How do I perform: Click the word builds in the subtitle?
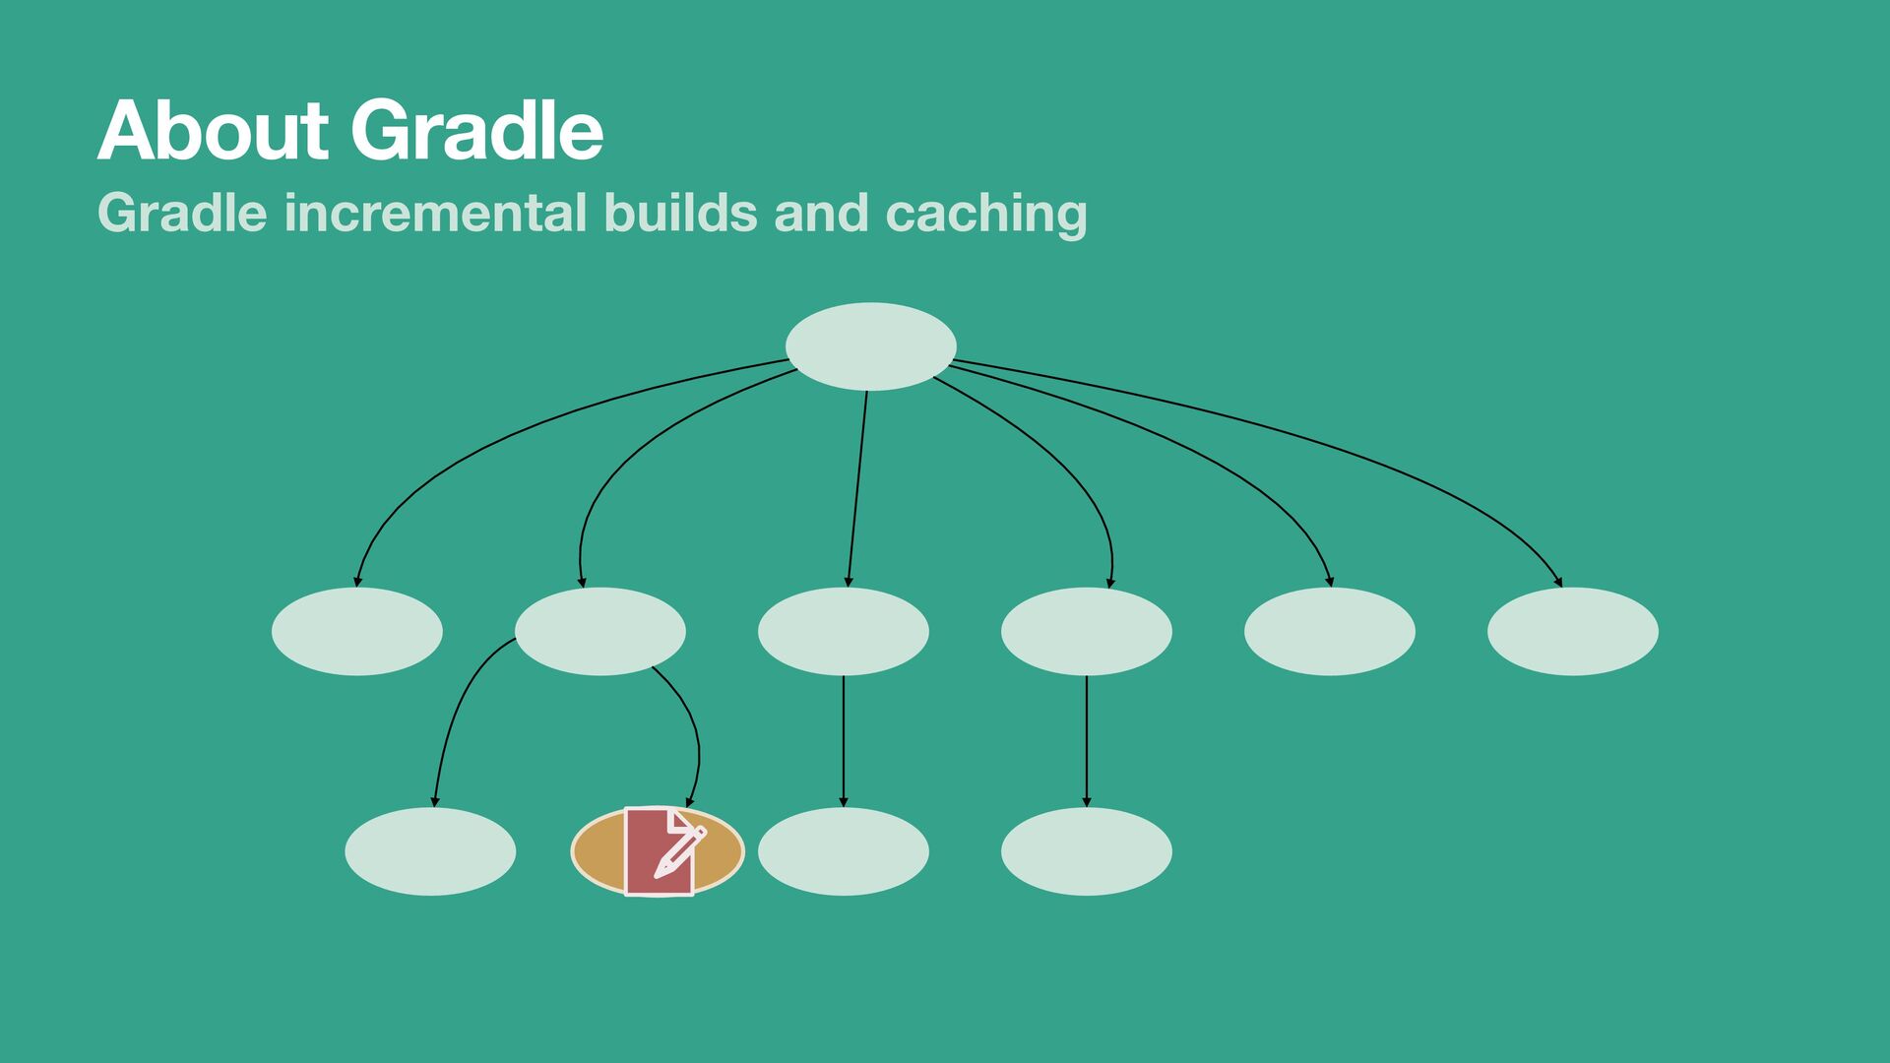click(x=680, y=213)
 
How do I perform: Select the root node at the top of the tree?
click(x=870, y=346)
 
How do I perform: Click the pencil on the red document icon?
click(x=680, y=852)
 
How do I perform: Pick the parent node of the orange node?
click(x=599, y=631)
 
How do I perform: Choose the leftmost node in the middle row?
click(x=356, y=631)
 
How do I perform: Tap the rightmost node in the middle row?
click(x=1572, y=631)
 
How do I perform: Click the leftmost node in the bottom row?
click(x=430, y=851)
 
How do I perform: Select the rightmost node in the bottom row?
click(x=1086, y=851)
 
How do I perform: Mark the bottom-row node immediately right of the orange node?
click(x=843, y=851)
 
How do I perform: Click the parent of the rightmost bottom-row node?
click(x=1086, y=631)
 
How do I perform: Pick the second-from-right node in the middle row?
click(x=1329, y=631)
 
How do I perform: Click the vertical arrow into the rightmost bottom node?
click(x=1086, y=738)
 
